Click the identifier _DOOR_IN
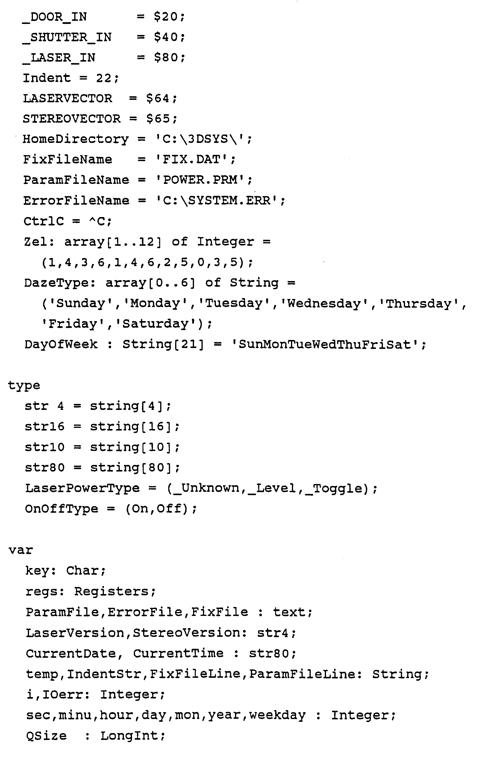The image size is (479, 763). pos(54,17)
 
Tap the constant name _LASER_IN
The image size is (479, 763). pos(59,58)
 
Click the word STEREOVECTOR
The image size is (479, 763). pos(72,119)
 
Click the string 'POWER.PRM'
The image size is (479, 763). pos(201,180)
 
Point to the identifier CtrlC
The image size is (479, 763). pos(44,221)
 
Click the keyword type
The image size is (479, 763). pos(24,386)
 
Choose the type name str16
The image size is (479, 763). pos(45,427)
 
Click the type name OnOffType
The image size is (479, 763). pos(61,509)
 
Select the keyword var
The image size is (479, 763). pos(21,550)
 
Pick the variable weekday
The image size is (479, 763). pos(278,715)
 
